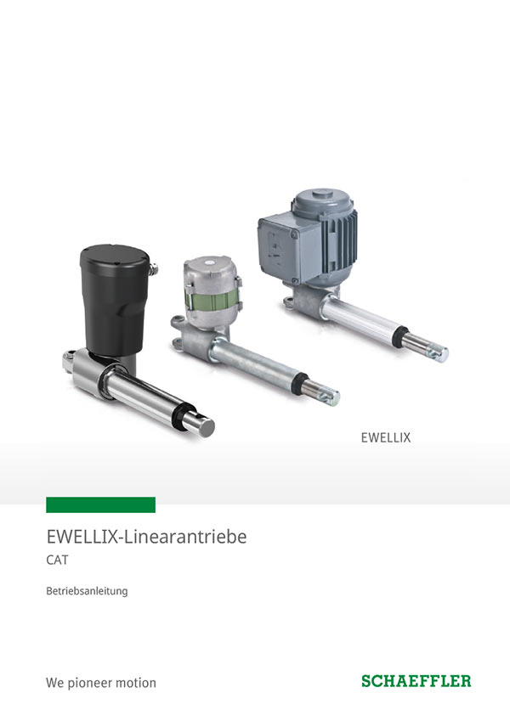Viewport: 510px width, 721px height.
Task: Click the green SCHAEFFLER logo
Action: [416, 681]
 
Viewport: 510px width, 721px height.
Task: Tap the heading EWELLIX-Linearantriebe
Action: [146, 537]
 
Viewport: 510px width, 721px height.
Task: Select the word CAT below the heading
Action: [57, 560]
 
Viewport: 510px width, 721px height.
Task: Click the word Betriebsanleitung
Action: [87, 591]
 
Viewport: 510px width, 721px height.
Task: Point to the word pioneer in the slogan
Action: [90, 683]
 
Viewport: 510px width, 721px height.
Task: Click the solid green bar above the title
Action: [100, 504]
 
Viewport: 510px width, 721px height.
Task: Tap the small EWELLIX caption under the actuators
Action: [386, 437]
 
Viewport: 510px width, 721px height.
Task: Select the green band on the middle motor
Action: [212, 301]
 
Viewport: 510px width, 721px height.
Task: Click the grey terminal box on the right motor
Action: [285, 251]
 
